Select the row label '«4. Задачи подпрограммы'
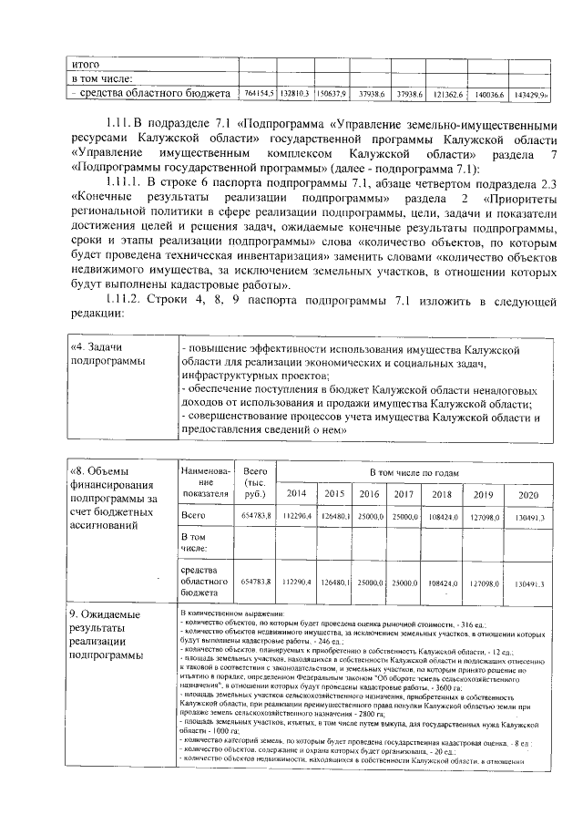pyautogui.click(x=108, y=356)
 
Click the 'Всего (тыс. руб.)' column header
pyautogui.click(x=256, y=481)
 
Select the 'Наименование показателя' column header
pyautogui.click(x=207, y=481)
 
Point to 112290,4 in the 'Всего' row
pyautogui.click(x=296, y=517)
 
